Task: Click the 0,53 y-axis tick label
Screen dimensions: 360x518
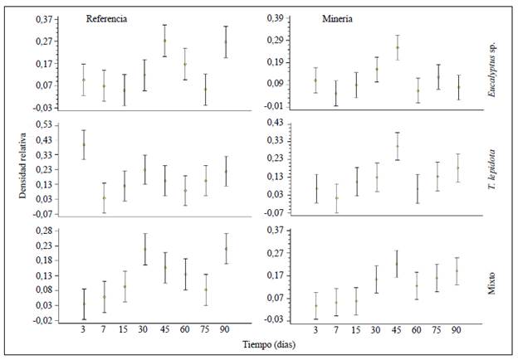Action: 41,124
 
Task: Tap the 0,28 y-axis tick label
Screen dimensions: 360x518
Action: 41,230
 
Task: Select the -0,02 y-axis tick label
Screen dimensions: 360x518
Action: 39,320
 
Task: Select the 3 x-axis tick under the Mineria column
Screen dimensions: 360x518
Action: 315,330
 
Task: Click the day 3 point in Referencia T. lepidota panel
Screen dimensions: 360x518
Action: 84,145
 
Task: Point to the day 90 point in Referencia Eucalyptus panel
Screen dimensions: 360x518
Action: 225,41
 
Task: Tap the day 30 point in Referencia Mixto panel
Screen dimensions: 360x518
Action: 144,249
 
